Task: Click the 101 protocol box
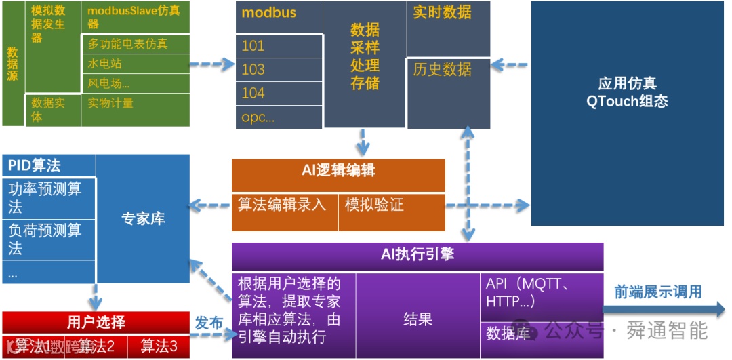pyautogui.click(x=279, y=46)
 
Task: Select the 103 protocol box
pyautogui.click(x=279, y=69)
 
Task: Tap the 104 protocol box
pyautogui.click(x=279, y=93)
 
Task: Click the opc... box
pyautogui.click(x=279, y=117)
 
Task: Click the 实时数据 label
pyautogui.click(x=443, y=12)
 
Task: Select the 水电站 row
pyautogui.click(x=135, y=64)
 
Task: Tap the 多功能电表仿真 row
pyautogui.click(x=135, y=44)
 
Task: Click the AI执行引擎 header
pyautogui.click(x=417, y=255)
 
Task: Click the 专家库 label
pyautogui.click(x=143, y=219)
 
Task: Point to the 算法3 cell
pyautogui.click(x=159, y=346)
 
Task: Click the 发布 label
pyautogui.click(x=209, y=323)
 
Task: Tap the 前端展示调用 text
pyautogui.click(x=657, y=292)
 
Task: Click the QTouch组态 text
pyautogui.click(x=627, y=102)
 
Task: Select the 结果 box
pyautogui.click(x=418, y=319)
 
